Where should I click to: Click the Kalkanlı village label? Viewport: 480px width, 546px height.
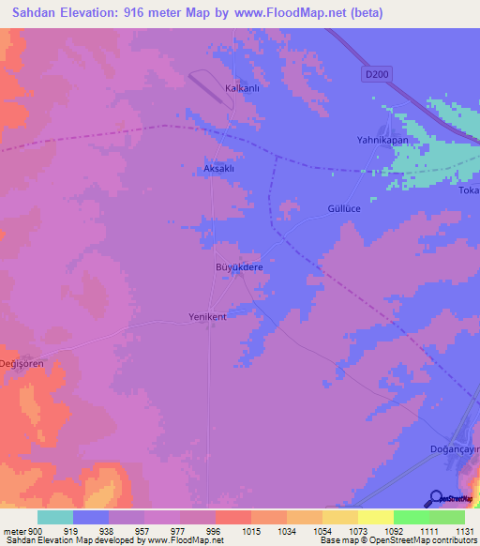pos(242,88)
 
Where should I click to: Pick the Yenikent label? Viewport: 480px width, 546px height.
pos(208,316)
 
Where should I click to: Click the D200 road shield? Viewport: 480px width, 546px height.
pos(376,72)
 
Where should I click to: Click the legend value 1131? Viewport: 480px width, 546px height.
pos(464,531)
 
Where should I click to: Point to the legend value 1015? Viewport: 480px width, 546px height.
pos(250,531)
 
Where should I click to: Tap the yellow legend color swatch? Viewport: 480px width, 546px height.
pos(375,517)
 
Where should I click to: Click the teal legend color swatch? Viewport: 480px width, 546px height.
pos(55,517)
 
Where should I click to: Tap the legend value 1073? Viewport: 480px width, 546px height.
pos(357,531)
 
